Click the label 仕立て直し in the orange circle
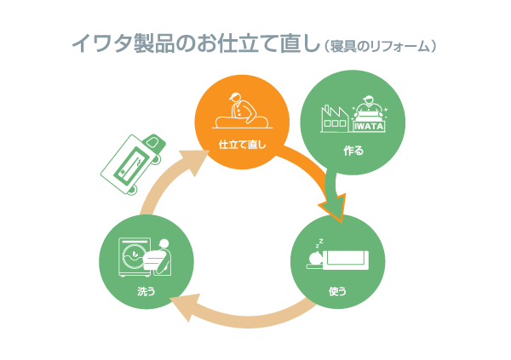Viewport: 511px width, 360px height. point(242,145)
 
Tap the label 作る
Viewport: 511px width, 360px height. point(353,151)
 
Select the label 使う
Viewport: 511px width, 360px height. point(337,291)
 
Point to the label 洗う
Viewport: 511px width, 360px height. point(146,291)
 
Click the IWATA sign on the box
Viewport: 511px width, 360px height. point(369,127)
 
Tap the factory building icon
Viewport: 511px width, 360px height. point(334,118)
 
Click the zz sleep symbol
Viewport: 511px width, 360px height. point(319,243)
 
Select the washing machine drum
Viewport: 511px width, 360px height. point(133,256)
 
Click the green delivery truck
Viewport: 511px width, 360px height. point(134,164)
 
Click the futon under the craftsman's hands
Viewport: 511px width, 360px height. point(242,123)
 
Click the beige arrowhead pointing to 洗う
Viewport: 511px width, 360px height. point(184,306)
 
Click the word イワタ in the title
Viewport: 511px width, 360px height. point(102,43)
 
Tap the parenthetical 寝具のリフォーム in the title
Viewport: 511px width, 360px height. point(380,47)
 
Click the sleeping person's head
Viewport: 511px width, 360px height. point(316,258)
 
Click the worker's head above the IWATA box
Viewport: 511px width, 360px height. point(368,100)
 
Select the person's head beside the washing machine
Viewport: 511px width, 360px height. point(164,243)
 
